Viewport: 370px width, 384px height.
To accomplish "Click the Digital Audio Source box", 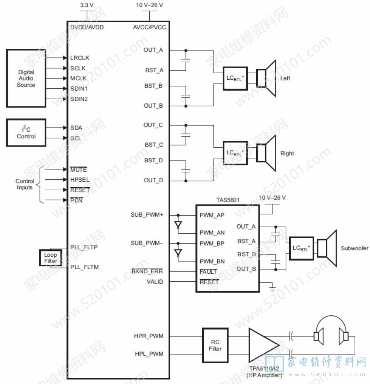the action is (x=26, y=79).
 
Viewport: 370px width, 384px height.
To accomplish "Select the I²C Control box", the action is (x=26, y=133).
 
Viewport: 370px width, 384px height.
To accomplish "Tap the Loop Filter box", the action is (x=51, y=258).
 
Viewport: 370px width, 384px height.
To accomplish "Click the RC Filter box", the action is (x=215, y=345).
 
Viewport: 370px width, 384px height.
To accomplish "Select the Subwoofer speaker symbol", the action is (x=327, y=248).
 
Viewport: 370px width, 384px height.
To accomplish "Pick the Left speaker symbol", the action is (x=266, y=79).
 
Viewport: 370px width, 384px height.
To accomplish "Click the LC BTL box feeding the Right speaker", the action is (x=235, y=153).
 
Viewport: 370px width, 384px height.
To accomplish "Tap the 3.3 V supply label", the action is (x=87, y=5).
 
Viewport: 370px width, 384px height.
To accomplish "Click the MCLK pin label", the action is (x=78, y=79).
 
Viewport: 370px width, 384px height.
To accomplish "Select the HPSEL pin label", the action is (x=80, y=180).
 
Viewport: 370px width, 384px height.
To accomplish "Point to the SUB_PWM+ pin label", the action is (x=147, y=215).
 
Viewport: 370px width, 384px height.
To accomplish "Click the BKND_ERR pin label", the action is (x=147, y=271).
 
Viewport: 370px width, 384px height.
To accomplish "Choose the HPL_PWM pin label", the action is (x=149, y=354).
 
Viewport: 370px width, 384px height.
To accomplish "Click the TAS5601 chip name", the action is (x=228, y=200).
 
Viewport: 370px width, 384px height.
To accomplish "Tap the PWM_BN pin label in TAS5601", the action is (x=212, y=262).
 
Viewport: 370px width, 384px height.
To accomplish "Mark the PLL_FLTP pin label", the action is (x=84, y=247).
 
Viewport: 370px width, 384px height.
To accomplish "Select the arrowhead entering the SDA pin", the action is (x=65, y=128).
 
